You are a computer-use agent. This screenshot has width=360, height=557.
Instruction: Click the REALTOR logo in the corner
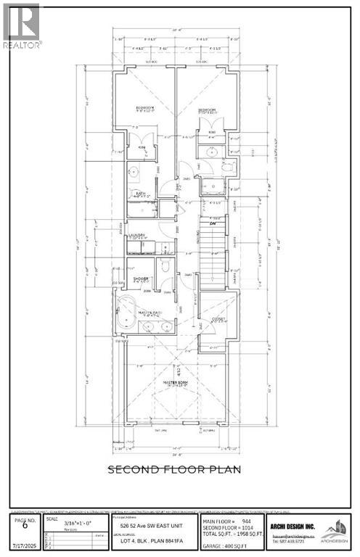pyautogui.click(x=22, y=25)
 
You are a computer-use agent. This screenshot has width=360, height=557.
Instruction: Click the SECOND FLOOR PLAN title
pyautogui.click(x=174, y=469)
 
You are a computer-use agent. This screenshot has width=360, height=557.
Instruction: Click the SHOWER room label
pyautogui.click(x=141, y=278)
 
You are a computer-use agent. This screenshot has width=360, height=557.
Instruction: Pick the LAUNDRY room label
pyautogui.click(x=138, y=235)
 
